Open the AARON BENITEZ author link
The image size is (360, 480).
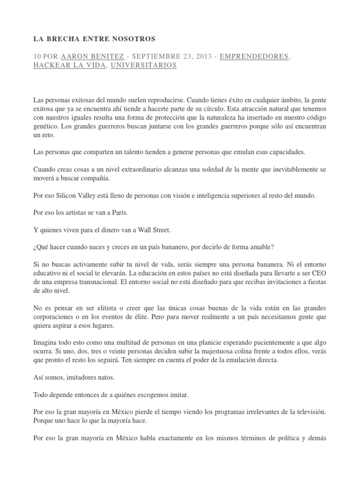point(88,56)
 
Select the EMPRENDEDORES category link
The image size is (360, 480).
point(255,56)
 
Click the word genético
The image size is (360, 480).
point(45,126)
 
